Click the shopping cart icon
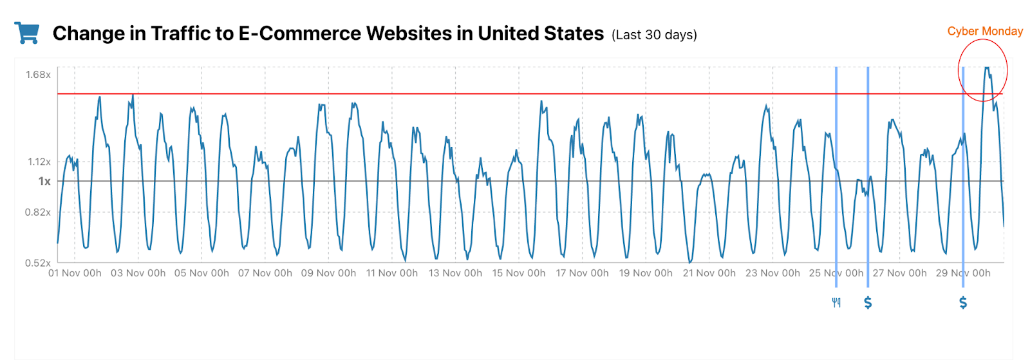pyautogui.click(x=27, y=33)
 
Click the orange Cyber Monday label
pyautogui.click(x=984, y=31)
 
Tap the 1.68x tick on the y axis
pyautogui.click(x=38, y=75)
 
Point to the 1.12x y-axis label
pyautogui.click(x=39, y=162)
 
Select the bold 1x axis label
pyautogui.click(x=44, y=182)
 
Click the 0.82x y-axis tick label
pyautogui.click(x=38, y=213)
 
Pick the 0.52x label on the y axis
pyautogui.click(x=38, y=263)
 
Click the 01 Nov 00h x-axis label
pyautogui.click(x=75, y=273)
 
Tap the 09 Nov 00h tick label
pyautogui.click(x=328, y=273)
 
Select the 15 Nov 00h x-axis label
pyautogui.click(x=519, y=273)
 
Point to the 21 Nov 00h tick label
pyautogui.click(x=709, y=273)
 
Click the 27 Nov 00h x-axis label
pyautogui.click(x=899, y=273)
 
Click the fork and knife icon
pyautogui.click(x=836, y=303)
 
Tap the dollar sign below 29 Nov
pyautogui.click(x=963, y=303)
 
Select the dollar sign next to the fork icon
pyautogui.click(x=868, y=303)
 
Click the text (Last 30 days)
pyautogui.click(x=654, y=35)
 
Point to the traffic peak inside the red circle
pyautogui.click(x=986, y=68)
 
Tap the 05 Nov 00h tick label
pyautogui.click(x=201, y=273)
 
